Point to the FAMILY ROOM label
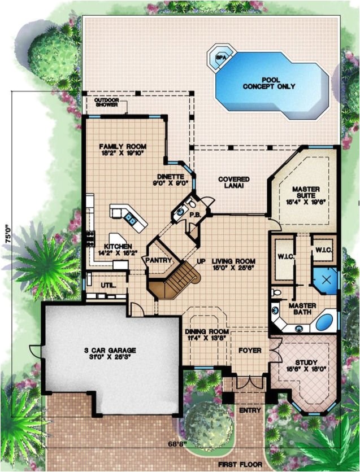click(x=119, y=148)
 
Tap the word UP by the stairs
click(x=200, y=261)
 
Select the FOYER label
click(x=249, y=351)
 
